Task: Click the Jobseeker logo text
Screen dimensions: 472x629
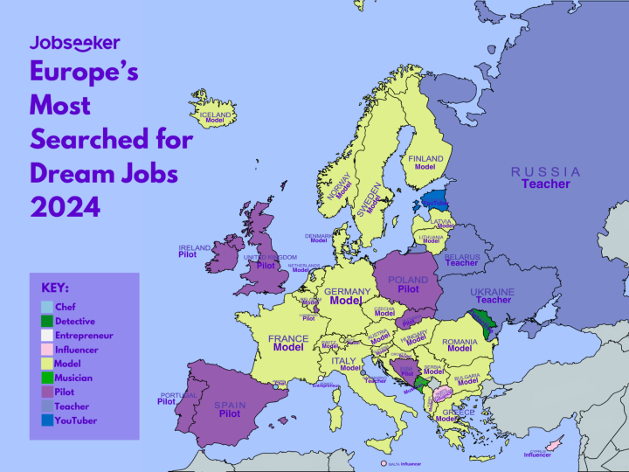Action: (x=74, y=42)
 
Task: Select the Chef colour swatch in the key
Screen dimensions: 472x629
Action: (x=46, y=307)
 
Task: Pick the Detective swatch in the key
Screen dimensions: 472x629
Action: (x=46, y=321)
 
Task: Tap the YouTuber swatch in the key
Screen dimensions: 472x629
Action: (x=46, y=420)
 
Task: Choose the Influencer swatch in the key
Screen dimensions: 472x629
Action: (x=46, y=350)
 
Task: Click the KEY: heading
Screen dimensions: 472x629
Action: (x=55, y=288)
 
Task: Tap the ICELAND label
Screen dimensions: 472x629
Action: (x=215, y=115)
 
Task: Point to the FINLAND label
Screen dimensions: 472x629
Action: (x=425, y=159)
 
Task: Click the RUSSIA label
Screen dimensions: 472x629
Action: (x=546, y=171)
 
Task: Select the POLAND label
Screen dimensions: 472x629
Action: (x=408, y=281)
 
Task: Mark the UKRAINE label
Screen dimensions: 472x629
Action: (x=493, y=292)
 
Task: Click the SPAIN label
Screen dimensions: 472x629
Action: (x=230, y=406)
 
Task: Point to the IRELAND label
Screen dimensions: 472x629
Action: (x=195, y=248)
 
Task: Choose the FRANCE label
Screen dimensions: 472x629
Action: (x=288, y=338)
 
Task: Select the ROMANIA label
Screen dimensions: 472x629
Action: (x=460, y=341)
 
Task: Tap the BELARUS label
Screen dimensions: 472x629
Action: (x=461, y=254)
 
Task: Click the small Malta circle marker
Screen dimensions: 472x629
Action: (x=384, y=462)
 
